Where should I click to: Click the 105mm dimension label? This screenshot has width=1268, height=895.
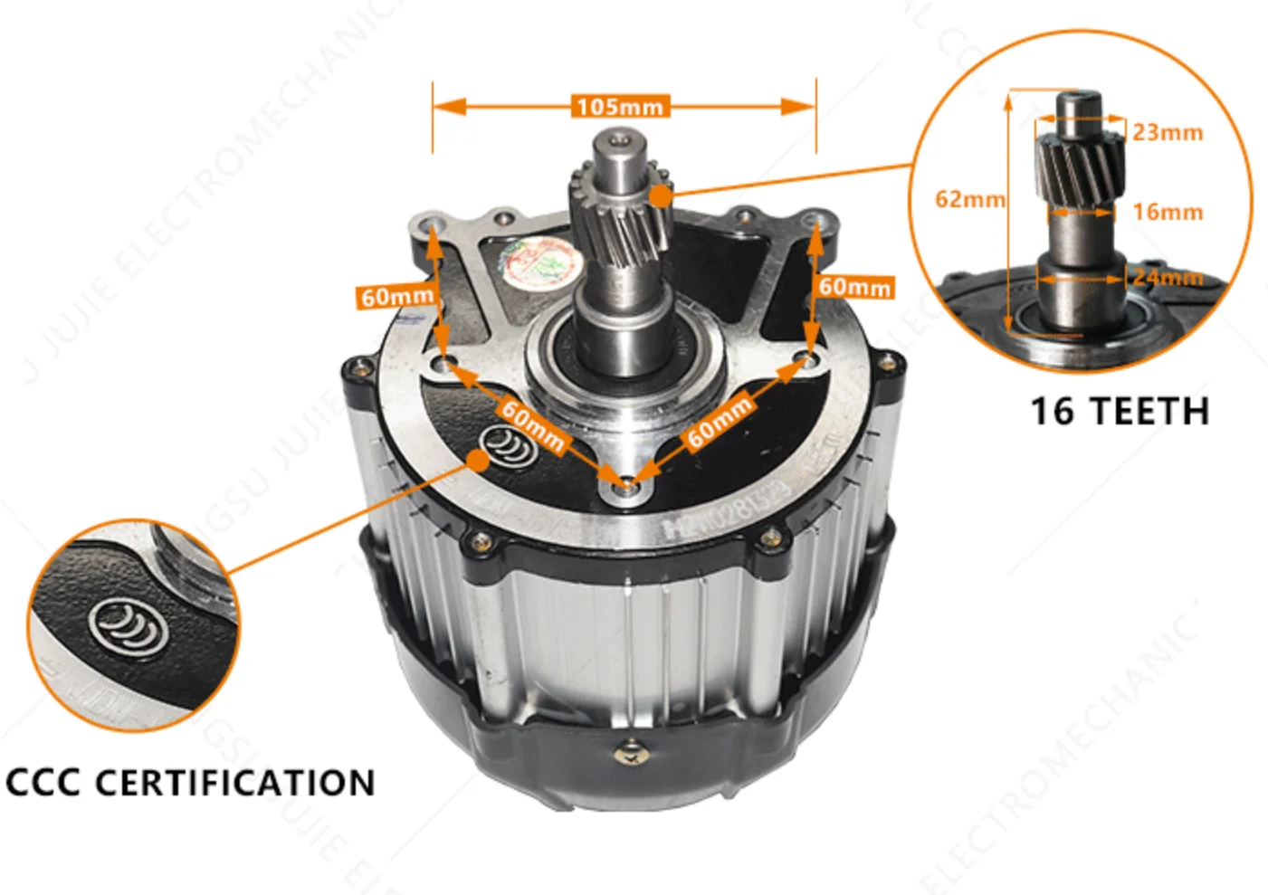click(x=621, y=107)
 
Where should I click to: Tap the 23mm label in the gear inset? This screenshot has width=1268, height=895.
click(x=1168, y=133)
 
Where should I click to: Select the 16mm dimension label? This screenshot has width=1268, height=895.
click(x=1168, y=213)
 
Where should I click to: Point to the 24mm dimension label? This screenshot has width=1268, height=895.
click(x=1168, y=277)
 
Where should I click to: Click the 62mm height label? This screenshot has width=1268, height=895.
click(x=969, y=199)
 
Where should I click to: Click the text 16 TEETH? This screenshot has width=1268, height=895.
click(x=1120, y=412)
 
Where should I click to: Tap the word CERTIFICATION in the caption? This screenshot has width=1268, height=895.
click(x=234, y=783)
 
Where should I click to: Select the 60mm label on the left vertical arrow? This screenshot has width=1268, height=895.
click(x=397, y=297)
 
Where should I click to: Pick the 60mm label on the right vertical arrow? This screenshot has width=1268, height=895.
click(x=855, y=287)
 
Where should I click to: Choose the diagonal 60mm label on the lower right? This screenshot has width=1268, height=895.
click(x=720, y=421)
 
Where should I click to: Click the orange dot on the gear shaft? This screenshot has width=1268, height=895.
click(x=662, y=195)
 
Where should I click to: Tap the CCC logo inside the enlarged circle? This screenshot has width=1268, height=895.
click(x=127, y=625)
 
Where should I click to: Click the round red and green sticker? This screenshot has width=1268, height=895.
click(x=542, y=262)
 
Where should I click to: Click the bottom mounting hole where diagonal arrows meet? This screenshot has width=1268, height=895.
click(x=624, y=487)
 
